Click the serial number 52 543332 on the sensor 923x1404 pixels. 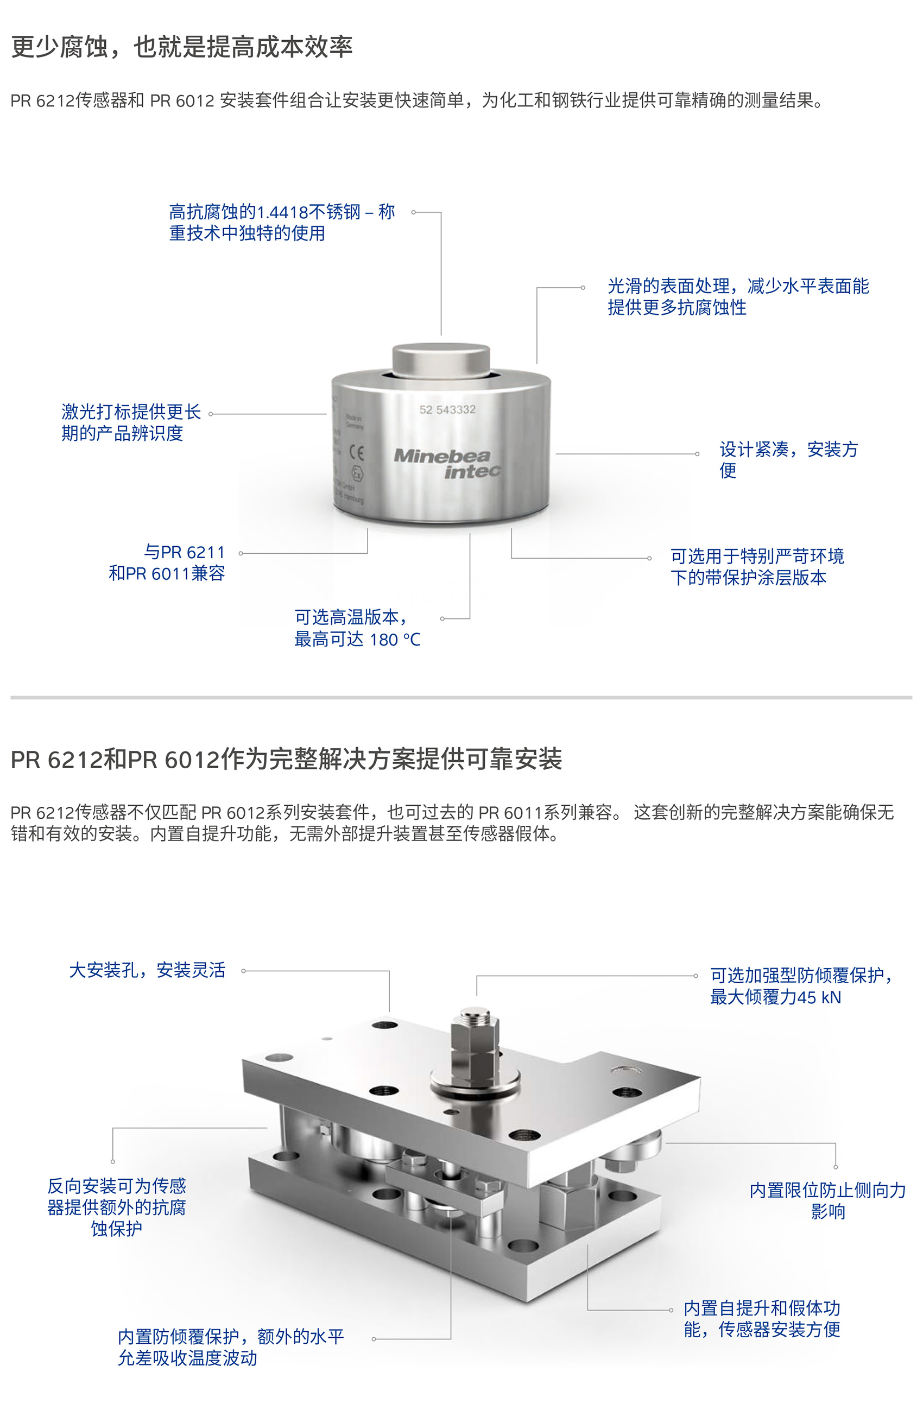447,409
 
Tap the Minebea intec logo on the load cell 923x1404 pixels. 447,463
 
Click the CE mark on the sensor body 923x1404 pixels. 356,452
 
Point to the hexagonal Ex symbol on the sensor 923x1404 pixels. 357,474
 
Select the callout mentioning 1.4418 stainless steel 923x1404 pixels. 282,223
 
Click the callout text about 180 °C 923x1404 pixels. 357,628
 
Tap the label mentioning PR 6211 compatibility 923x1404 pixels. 167,563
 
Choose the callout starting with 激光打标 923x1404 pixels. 131,422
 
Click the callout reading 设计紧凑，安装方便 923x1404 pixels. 788,459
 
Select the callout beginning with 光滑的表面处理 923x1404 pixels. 738,297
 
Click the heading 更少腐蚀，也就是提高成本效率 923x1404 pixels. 182,47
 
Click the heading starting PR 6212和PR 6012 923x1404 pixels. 286,759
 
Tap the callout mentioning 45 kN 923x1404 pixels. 802,986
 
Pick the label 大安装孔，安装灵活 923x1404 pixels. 148,970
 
